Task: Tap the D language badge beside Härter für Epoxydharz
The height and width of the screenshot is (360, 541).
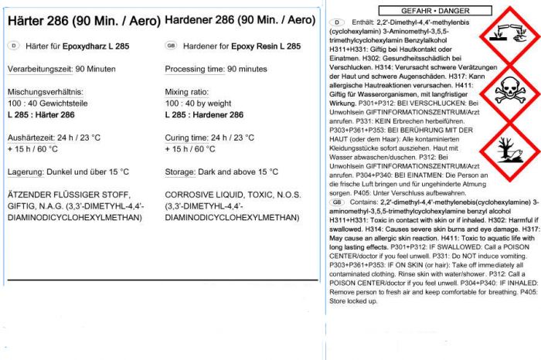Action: [13, 46]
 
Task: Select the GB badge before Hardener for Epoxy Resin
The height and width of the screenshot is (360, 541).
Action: [172, 46]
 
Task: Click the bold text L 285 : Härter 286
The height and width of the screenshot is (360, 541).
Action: [41, 114]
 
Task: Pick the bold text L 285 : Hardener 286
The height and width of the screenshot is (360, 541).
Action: [204, 114]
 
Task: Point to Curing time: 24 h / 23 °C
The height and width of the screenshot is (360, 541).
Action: [213, 138]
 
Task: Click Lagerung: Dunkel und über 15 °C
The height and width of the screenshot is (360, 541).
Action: [68, 172]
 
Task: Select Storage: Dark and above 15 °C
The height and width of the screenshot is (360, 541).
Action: [222, 172]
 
